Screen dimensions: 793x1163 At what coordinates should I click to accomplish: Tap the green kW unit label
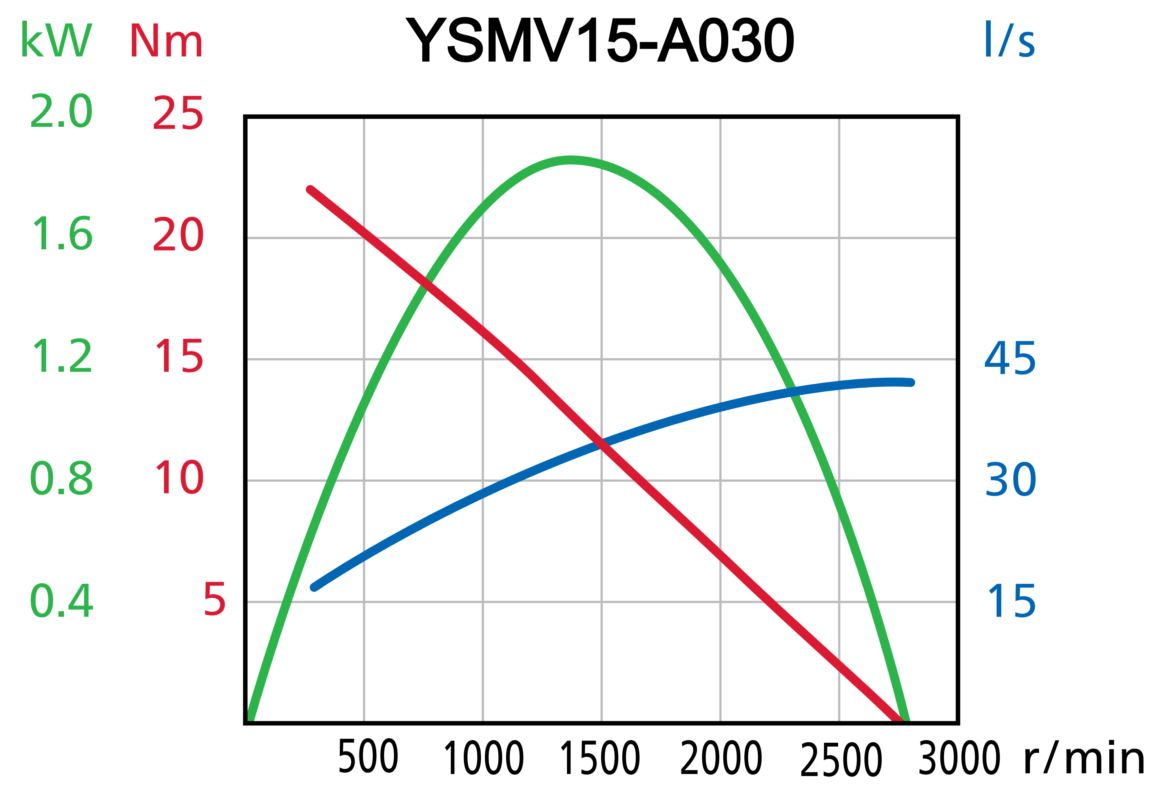pyautogui.click(x=56, y=40)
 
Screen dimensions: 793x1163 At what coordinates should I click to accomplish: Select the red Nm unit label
pyautogui.click(x=166, y=40)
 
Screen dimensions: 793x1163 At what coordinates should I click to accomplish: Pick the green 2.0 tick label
pyautogui.click(x=61, y=111)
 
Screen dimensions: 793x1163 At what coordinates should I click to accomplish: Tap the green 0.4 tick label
pyautogui.click(x=61, y=601)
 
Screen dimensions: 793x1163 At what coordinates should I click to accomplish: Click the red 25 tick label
pyautogui.click(x=178, y=113)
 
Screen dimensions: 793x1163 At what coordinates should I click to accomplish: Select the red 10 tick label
pyautogui.click(x=179, y=478)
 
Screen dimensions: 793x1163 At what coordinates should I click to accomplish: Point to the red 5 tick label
pyautogui.click(x=214, y=599)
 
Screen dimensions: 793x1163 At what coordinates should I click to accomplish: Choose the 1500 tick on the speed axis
pyautogui.click(x=600, y=758)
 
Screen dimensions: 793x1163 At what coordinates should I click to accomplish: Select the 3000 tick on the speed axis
pyautogui.click(x=959, y=758)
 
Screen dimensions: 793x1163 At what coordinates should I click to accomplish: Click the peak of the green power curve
pyautogui.click(x=571, y=160)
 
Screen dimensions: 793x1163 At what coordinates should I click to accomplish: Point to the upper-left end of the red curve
pyautogui.click(x=310, y=190)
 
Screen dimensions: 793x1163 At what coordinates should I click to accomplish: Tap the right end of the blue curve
pyautogui.click(x=911, y=382)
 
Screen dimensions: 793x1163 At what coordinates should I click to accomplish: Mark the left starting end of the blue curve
pyautogui.click(x=314, y=587)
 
